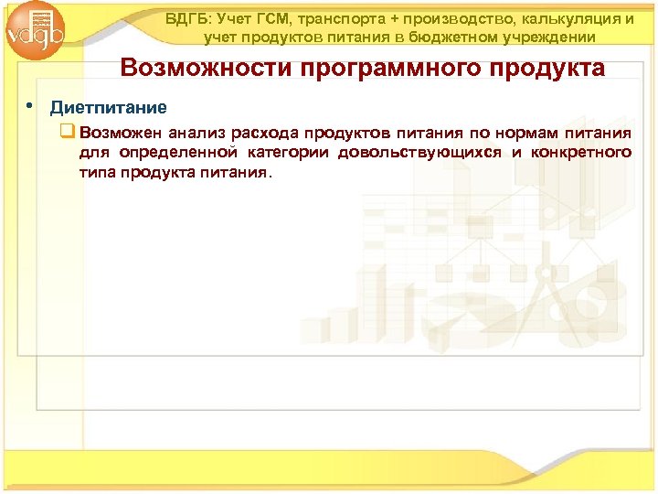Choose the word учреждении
point(550,38)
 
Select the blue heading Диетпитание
point(108,107)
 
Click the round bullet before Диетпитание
point(30,105)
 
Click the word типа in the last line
point(95,173)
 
